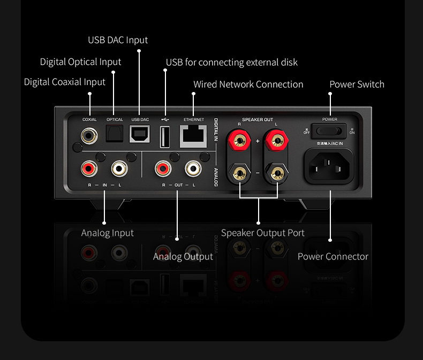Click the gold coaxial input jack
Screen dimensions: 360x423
[89, 135]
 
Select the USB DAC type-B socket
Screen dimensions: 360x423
[140, 135]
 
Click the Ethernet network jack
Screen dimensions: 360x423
[193, 136]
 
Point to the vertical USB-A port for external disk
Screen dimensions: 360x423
[165, 136]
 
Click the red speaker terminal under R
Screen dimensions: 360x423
[239, 141]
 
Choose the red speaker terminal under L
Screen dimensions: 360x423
[277, 141]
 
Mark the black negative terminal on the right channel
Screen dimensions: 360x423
[239, 173]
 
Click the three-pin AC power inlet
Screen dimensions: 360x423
[329, 165]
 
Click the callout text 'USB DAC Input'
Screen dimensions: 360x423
[118, 40]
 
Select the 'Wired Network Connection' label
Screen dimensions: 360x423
[248, 85]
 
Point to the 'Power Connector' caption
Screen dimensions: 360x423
[333, 257]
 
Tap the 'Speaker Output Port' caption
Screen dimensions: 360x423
[262, 233]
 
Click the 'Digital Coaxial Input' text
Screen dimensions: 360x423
[65, 82]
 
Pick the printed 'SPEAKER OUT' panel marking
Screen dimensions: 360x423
[258, 120]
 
